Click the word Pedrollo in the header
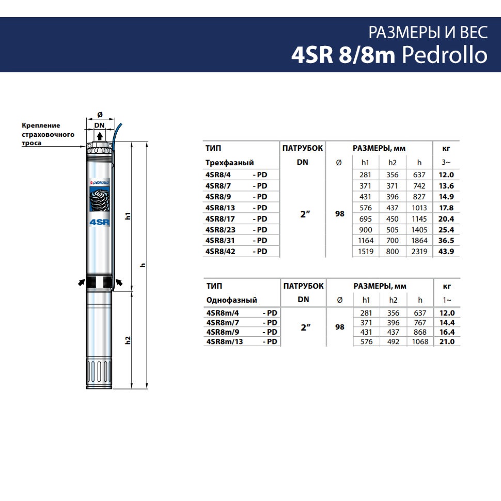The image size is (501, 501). click(445, 55)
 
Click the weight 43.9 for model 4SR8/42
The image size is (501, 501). click(446, 252)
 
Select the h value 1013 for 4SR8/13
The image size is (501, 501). click(419, 208)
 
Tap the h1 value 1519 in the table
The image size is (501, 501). click(366, 252)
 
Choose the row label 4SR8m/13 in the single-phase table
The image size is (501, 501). click(225, 341)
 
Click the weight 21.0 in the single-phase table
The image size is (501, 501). click(447, 341)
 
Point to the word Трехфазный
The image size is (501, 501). click(229, 163)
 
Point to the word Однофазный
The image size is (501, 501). click(231, 300)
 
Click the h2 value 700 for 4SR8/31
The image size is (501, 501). click(392, 241)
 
